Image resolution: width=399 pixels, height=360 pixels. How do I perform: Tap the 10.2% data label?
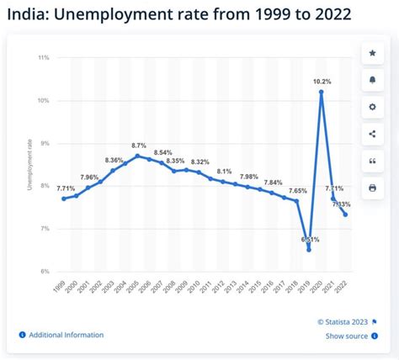[322, 82]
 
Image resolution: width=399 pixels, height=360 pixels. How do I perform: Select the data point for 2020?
[322, 93]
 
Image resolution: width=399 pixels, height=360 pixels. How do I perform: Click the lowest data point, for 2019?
[309, 249]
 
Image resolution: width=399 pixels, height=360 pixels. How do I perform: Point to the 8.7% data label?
[139, 146]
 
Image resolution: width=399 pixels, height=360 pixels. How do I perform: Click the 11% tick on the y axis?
[44, 57]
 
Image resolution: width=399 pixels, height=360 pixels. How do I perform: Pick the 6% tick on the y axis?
[45, 272]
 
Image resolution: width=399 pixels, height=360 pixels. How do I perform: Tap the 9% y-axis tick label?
[45, 143]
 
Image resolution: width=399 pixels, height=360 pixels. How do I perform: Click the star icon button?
[372, 54]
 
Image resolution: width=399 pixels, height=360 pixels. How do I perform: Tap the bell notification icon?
[372, 81]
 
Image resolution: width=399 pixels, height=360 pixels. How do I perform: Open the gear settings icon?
[372, 108]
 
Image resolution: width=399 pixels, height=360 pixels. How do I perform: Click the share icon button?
[372, 134]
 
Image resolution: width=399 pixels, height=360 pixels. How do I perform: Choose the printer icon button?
[372, 187]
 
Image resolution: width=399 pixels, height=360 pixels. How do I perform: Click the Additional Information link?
[66, 335]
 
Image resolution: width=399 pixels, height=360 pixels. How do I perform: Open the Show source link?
[346, 336]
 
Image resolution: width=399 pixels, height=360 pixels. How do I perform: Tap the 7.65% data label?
[298, 191]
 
